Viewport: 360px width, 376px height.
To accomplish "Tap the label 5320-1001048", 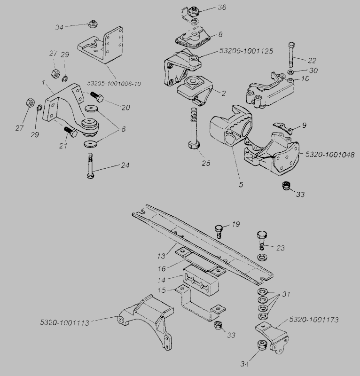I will point(329,154).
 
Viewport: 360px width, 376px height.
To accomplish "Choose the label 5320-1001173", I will point(313,320).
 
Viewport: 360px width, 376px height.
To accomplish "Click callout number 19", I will point(235,225).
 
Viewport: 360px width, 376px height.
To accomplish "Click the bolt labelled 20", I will point(98,98).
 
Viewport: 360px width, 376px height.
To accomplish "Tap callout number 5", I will point(240,184).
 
